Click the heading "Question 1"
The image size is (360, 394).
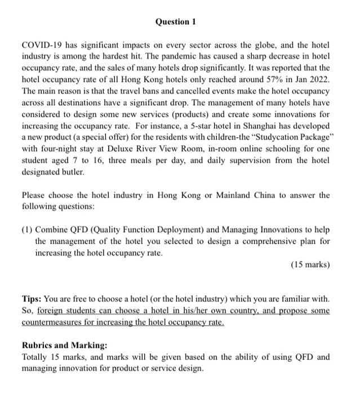(x=172, y=21)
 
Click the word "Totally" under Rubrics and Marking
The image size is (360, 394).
(x=35, y=357)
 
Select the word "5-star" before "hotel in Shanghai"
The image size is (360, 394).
(x=186, y=126)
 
